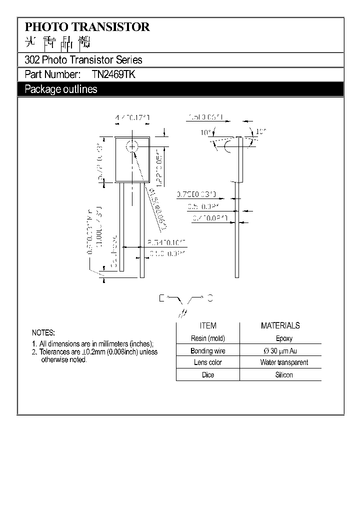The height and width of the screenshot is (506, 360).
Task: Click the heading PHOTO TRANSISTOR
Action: [87, 27]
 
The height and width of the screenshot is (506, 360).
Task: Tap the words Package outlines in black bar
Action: [61, 89]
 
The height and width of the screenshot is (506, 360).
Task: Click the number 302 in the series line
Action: [31, 60]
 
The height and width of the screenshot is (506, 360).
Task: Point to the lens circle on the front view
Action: [132, 146]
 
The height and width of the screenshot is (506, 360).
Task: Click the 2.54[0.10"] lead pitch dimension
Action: [166, 242]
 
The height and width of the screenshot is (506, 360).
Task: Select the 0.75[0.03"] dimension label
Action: [196, 194]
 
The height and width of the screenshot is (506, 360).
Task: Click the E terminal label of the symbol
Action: [161, 298]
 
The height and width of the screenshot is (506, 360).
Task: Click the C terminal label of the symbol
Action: [210, 298]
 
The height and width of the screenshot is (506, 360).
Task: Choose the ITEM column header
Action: [208, 325]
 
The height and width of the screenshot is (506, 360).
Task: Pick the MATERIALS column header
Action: [280, 325]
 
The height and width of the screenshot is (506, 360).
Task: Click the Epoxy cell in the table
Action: [284, 338]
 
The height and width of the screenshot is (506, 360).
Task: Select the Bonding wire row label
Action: [208, 351]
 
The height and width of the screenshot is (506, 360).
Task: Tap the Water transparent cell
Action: [284, 362]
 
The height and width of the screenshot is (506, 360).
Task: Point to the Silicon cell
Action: [284, 375]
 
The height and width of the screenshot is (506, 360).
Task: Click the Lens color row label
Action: [208, 362]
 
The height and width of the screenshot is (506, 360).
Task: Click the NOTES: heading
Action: [43, 332]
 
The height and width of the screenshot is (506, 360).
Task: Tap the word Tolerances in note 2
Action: [54, 352]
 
